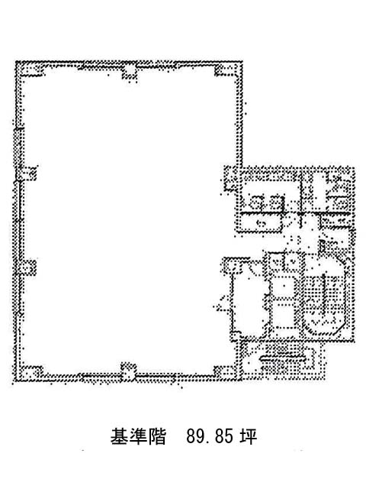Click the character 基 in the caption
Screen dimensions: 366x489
click(x=120, y=436)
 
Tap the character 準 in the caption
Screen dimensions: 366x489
click(x=138, y=436)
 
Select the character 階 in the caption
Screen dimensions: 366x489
click(x=157, y=436)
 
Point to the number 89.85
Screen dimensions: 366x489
click(x=210, y=436)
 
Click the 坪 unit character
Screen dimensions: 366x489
click(x=248, y=436)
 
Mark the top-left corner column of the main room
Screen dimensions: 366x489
click(x=30, y=70)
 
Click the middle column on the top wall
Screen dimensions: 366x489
click(x=129, y=72)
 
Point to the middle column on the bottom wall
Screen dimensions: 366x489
click(x=129, y=371)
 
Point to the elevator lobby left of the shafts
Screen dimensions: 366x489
click(x=250, y=300)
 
